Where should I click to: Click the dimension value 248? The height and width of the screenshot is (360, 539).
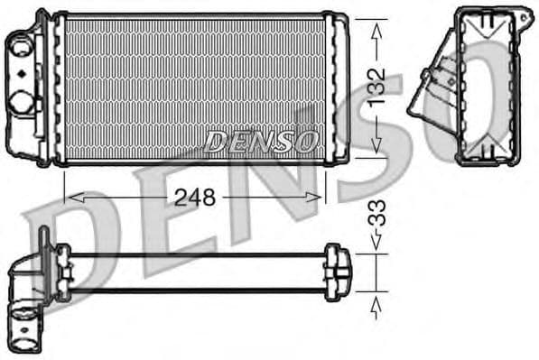(194, 197)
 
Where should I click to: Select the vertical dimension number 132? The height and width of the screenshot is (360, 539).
(376, 87)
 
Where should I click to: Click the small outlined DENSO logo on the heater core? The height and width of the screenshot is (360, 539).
(261, 140)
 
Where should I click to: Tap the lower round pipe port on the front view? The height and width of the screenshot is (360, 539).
(21, 98)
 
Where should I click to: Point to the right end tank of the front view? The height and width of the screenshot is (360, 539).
(339, 88)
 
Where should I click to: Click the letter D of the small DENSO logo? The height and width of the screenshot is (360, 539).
(216, 140)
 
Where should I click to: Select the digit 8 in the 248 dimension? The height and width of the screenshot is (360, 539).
(207, 197)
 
